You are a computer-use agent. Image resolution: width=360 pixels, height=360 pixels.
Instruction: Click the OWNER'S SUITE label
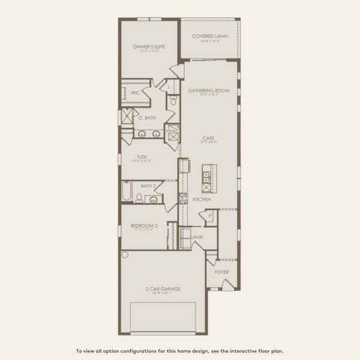point(149,46)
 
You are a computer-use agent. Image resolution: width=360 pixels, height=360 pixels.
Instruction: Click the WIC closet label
point(135,93)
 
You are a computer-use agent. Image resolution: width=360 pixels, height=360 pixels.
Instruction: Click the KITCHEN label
point(201,199)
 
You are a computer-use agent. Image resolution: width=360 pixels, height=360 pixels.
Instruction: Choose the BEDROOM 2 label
point(144,226)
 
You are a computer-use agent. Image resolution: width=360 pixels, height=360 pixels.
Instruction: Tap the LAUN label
point(197,237)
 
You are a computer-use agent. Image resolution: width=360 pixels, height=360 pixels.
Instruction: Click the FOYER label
point(222,272)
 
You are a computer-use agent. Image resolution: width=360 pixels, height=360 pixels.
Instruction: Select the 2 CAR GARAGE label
point(163,289)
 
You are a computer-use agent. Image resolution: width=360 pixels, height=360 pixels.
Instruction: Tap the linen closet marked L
point(170,87)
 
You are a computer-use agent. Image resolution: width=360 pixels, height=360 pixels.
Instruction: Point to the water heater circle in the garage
point(125,254)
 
